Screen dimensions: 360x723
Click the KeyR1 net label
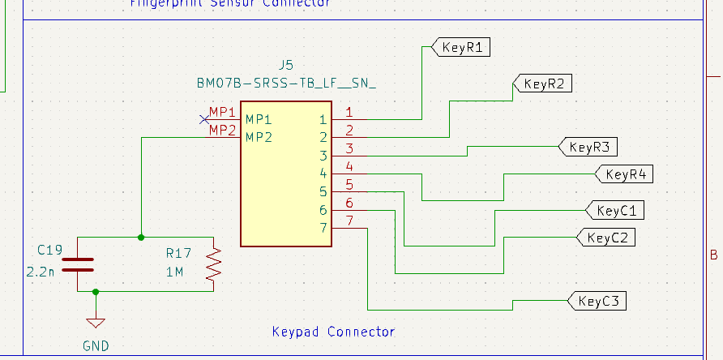[462, 47]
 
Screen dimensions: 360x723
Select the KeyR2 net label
[543, 84]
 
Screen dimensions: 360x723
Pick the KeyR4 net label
[625, 174]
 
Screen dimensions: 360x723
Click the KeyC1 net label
[616, 211]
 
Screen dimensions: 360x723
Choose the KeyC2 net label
[606, 238]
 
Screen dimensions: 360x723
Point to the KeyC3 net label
[599, 301]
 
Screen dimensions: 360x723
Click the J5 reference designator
[285, 65]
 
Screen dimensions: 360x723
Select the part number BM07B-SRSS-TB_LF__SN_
[286, 83]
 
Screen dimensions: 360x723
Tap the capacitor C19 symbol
[78, 264]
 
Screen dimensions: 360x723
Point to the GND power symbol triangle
[96, 323]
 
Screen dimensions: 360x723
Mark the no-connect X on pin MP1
[204, 120]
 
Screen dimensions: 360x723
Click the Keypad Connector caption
[333, 332]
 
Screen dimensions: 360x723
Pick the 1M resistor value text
[175, 272]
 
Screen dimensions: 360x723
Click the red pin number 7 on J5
[349, 221]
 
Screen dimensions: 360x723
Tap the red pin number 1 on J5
[349, 112]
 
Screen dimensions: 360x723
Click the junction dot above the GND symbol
[96, 291]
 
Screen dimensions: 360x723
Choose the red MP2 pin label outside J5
[223, 129]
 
